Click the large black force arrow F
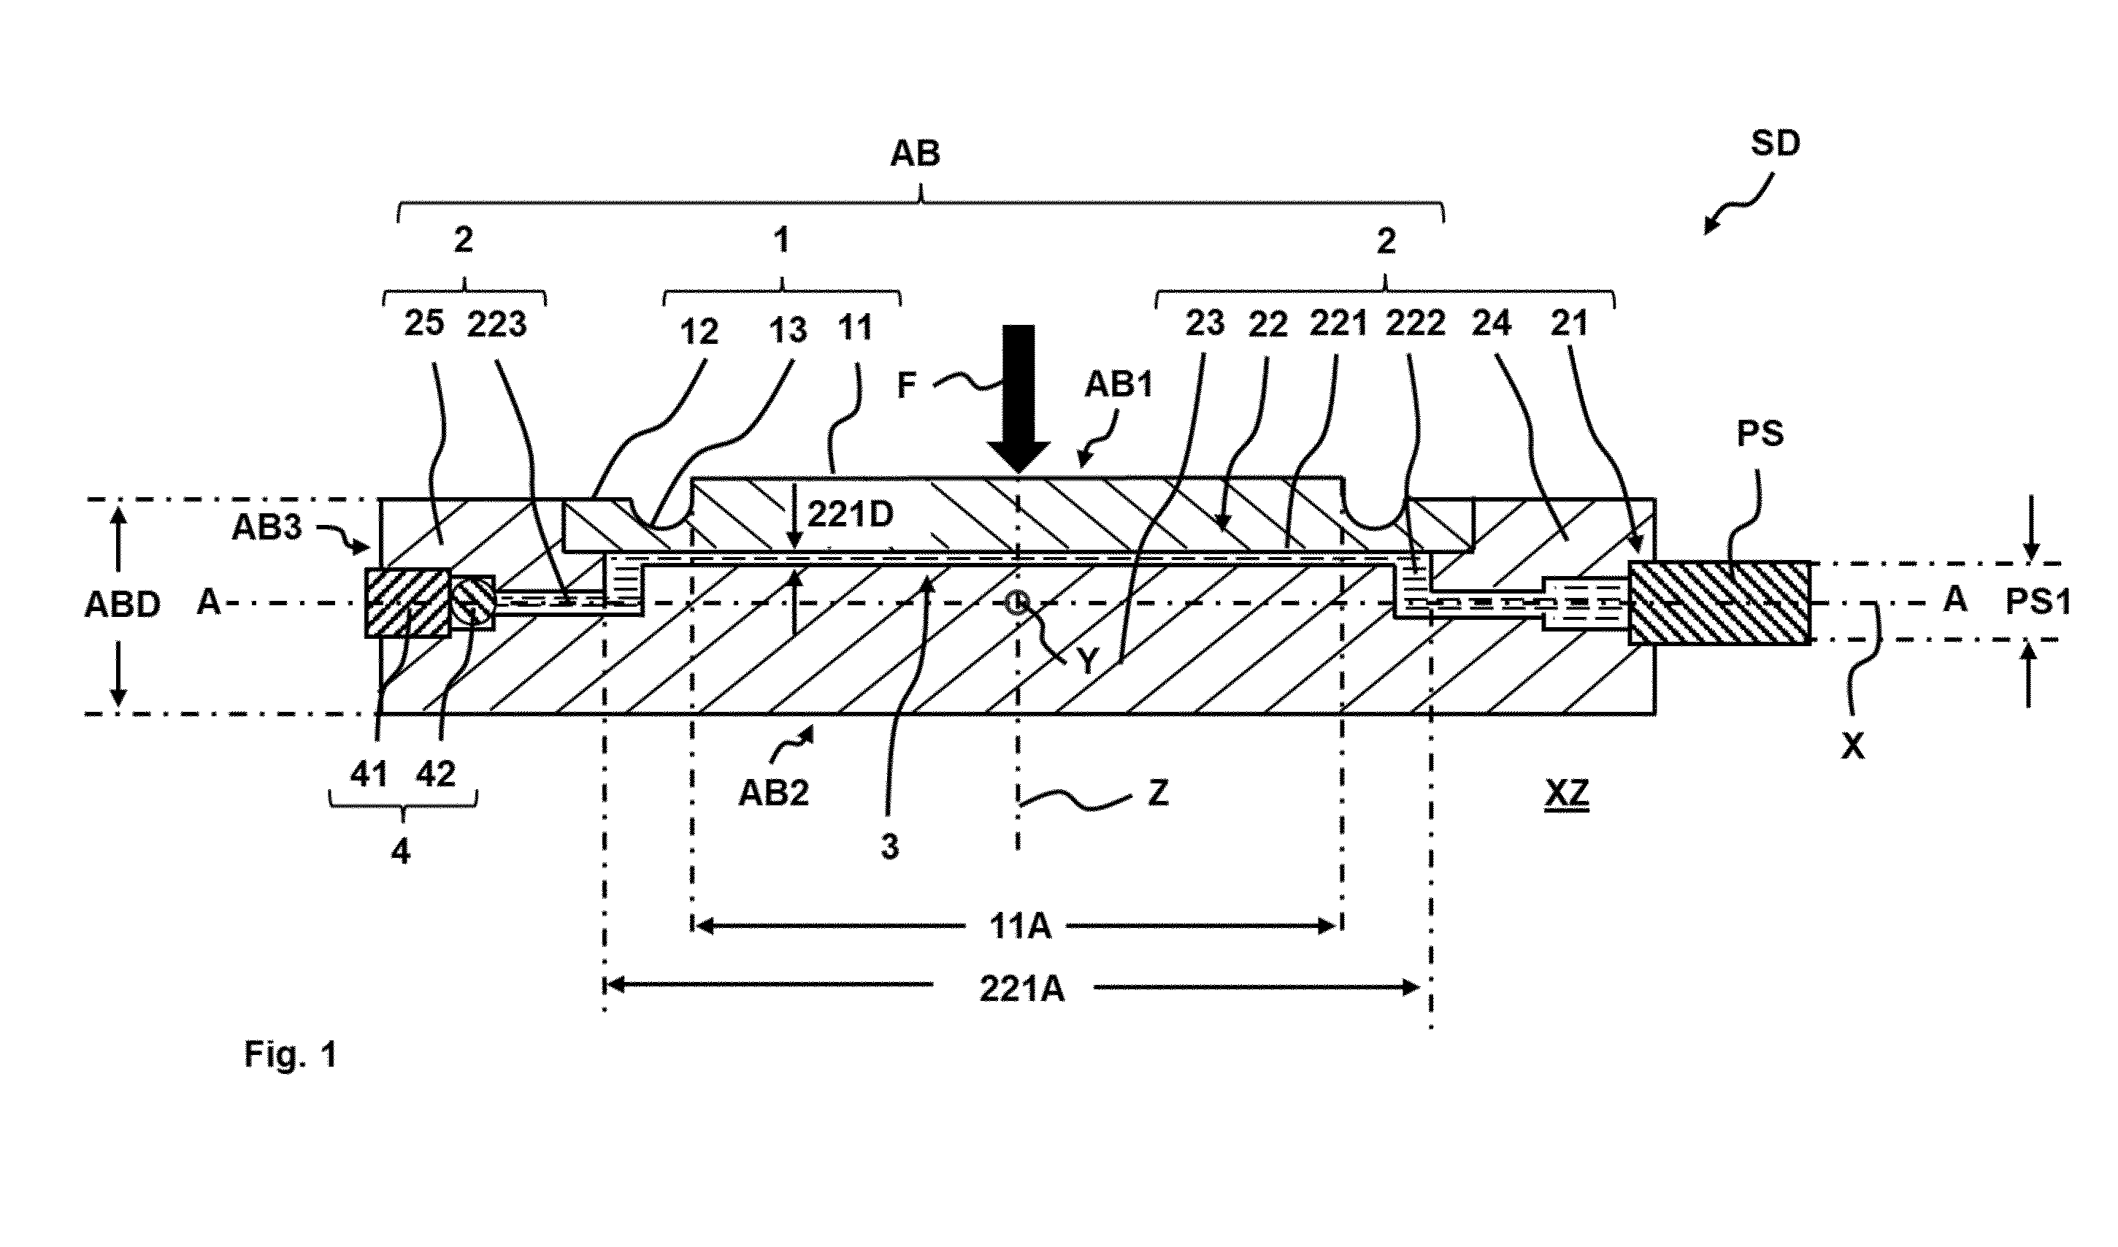1018,399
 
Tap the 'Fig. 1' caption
291,1054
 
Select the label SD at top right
1775,144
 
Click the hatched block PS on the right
1719,602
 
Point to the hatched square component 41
407,603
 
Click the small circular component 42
473,600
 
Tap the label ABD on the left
123,605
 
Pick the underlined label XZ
1567,793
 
